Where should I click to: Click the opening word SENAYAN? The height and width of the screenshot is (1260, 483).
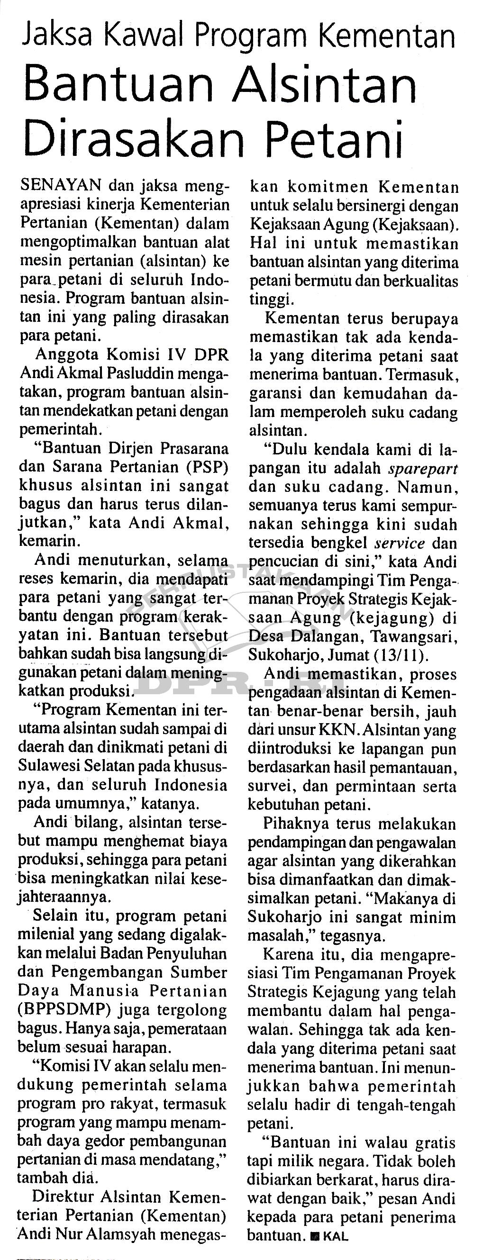pyautogui.click(x=61, y=186)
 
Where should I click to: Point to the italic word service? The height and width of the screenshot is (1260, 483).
pyautogui.click(x=399, y=543)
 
